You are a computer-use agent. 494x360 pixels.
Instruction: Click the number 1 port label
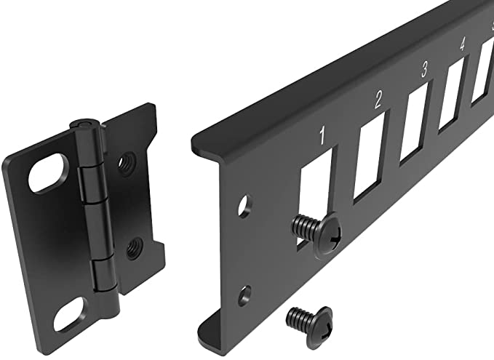(322, 136)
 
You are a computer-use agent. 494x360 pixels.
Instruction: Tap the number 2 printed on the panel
(378, 100)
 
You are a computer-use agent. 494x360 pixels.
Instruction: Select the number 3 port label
(424, 69)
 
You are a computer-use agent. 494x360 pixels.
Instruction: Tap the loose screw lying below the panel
(309, 324)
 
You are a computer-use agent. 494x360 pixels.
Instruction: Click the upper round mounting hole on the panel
(244, 207)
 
